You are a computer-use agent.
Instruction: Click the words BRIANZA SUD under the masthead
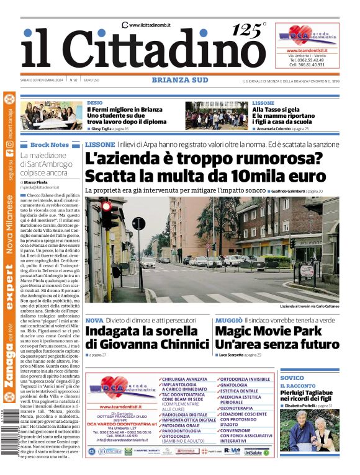pyautogui.click(x=180, y=80)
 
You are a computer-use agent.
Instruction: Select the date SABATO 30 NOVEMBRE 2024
pyautogui.click(x=43, y=80)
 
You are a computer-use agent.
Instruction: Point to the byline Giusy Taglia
pyautogui.click(x=101, y=129)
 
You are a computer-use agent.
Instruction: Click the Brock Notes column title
pyautogui.click(x=49, y=144)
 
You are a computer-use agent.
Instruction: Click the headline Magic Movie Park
pyautogui.click(x=268, y=330)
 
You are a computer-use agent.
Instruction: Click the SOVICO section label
pyautogui.click(x=292, y=378)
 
